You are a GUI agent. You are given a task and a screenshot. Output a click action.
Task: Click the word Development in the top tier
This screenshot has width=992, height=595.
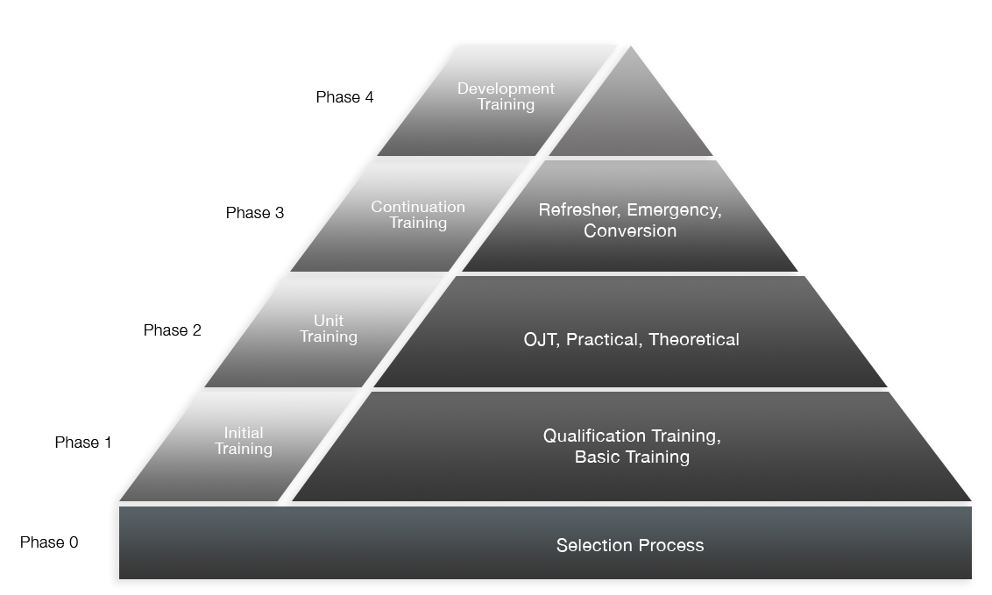(x=506, y=89)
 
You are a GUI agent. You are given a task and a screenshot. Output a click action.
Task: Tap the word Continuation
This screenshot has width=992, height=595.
(x=418, y=207)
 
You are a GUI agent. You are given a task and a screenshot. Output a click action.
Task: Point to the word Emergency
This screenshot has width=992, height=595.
(x=673, y=210)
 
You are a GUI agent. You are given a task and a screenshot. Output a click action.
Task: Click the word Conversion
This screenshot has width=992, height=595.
(x=630, y=231)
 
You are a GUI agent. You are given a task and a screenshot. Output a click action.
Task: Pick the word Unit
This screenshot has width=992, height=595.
(x=329, y=321)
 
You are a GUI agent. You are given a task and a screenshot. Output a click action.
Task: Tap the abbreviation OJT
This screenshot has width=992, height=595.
(x=540, y=339)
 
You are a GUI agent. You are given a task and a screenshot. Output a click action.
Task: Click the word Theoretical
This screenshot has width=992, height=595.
(x=694, y=339)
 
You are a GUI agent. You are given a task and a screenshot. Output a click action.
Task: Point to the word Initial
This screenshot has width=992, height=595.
(x=244, y=433)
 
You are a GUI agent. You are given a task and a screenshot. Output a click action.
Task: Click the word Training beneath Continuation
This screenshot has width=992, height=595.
(x=418, y=223)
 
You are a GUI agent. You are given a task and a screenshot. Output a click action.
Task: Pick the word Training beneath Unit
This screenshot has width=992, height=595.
(x=329, y=337)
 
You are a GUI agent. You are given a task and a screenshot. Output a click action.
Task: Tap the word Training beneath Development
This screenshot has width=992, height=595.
(x=506, y=105)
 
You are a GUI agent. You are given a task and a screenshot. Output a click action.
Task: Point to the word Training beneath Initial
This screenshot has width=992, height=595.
(x=244, y=450)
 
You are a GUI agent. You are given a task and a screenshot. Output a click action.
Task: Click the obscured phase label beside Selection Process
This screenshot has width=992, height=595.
(x=49, y=542)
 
